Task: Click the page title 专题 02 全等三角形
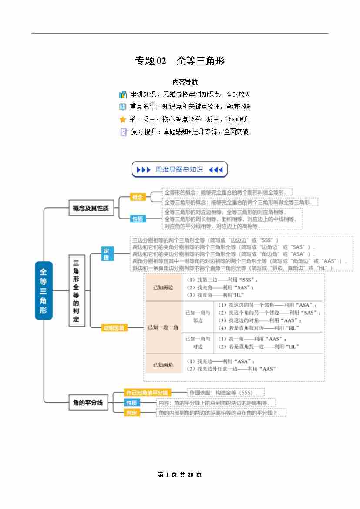[180, 61]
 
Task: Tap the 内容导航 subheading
[185, 81]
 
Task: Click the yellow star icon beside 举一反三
[123, 119]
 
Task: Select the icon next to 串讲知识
[123, 94]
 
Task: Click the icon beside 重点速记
[123, 107]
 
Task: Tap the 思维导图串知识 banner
[179, 170]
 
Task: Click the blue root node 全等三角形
[44, 291]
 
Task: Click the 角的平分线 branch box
[88, 403]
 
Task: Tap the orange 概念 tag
[138, 197]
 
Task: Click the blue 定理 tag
[107, 254]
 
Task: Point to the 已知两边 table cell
[163, 287]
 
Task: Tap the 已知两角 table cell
[163, 365]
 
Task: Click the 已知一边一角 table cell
[163, 327]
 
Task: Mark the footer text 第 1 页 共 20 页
[180, 475]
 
